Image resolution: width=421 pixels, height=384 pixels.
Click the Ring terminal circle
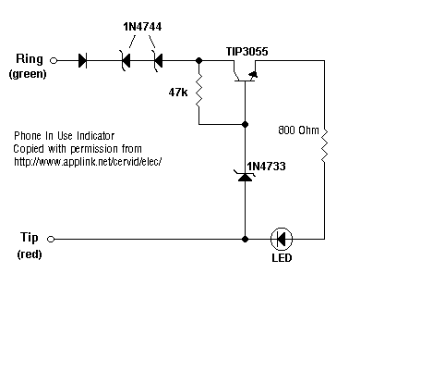coord(54,61)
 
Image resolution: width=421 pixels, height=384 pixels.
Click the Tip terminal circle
coord(51,239)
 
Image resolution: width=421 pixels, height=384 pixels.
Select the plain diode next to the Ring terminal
coord(82,60)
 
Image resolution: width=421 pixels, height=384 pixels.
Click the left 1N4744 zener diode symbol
coord(126,60)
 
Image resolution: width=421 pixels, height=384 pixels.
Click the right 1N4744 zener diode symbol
coord(158,60)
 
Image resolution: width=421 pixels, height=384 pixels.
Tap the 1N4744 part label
coord(142,27)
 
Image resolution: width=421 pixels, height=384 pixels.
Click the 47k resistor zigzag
coord(199,91)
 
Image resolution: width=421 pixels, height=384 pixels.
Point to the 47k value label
coord(178,92)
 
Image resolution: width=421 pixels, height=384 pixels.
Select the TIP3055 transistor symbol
coord(246,71)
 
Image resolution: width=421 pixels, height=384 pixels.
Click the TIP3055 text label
coord(247,52)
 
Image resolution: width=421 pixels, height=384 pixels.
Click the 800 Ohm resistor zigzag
coord(324,145)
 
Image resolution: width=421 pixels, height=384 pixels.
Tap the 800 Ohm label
coord(298,130)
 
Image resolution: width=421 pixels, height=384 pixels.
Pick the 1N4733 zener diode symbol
coord(246,176)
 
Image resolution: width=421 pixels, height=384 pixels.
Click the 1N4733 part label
coord(266,167)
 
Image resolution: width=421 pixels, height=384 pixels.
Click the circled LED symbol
coord(282,239)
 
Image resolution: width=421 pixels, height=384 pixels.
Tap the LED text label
coord(282,258)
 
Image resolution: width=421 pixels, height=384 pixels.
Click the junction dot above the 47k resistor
coord(199,60)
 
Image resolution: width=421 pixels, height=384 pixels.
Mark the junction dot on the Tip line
coord(245,239)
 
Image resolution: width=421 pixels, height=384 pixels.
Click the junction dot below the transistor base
coord(245,124)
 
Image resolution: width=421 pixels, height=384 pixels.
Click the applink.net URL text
coord(88,161)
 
